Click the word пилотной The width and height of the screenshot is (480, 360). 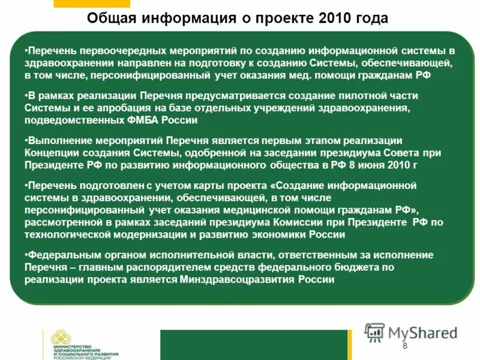click(361, 97)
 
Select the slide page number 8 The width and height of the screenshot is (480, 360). click(404, 346)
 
